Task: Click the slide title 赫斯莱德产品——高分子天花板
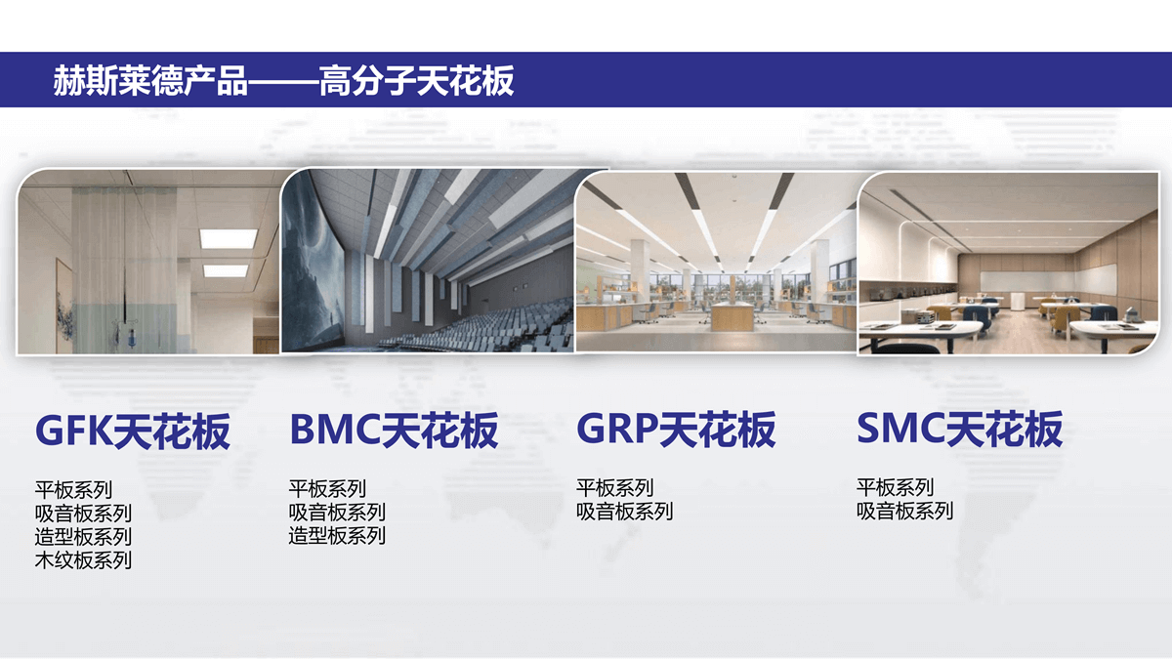(283, 80)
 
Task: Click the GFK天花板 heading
(133, 432)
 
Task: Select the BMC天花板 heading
(394, 430)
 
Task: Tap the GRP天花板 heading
(676, 429)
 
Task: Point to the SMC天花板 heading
(959, 429)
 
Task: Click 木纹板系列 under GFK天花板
(83, 560)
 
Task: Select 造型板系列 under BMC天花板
(337, 536)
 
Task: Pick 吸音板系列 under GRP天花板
(624, 511)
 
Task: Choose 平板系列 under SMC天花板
(895, 487)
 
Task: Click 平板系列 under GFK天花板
(73, 489)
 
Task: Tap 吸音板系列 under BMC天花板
(337, 512)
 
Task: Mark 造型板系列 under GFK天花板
(83, 537)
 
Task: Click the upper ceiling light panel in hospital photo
(229, 238)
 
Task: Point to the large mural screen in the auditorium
(313, 262)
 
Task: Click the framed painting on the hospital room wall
(63, 306)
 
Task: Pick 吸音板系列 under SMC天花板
(904, 511)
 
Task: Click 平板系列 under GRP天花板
(614, 487)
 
